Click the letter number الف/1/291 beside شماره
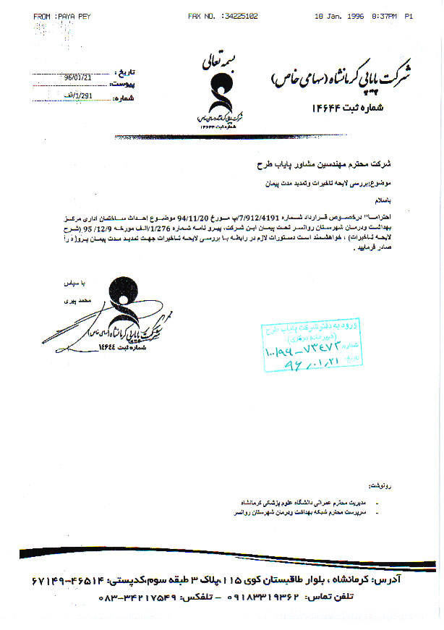click(x=78, y=96)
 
